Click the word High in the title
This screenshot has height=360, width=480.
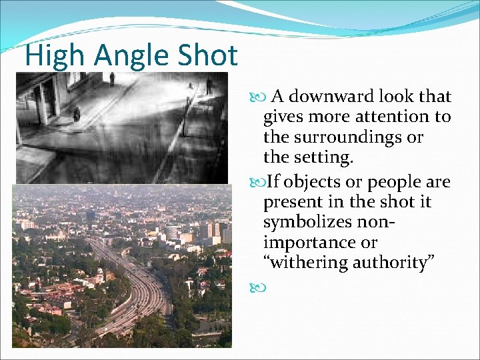pos(53,56)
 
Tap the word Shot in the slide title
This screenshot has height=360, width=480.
pos(209,56)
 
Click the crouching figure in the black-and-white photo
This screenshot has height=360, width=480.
pos(77,115)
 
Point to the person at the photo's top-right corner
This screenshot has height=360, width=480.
pos(209,85)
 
